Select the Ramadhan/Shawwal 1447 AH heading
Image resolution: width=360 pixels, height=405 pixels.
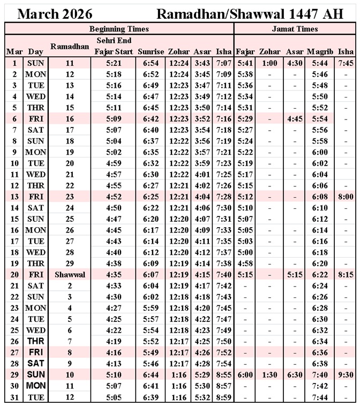tap(250, 13)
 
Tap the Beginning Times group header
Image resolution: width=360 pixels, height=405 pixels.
tap(119, 29)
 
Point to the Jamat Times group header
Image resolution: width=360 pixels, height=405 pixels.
tap(295, 29)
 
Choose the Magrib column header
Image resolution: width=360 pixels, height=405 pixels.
tap(320, 52)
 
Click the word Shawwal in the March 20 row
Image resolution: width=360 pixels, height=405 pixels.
tap(70, 274)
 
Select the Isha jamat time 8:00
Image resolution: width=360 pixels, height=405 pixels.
tap(346, 197)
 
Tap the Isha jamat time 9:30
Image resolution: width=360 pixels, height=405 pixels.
tap(346, 375)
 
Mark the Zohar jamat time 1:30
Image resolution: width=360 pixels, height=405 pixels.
tap(269, 375)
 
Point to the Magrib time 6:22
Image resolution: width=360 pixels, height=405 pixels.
tap(320, 274)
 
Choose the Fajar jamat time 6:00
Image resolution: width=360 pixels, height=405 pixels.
tap(244, 375)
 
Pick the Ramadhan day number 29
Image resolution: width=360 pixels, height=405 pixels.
tap(70, 264)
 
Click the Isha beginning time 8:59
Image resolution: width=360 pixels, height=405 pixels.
tap(223, 397)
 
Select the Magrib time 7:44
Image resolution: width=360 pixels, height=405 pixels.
tap(320, 397)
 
